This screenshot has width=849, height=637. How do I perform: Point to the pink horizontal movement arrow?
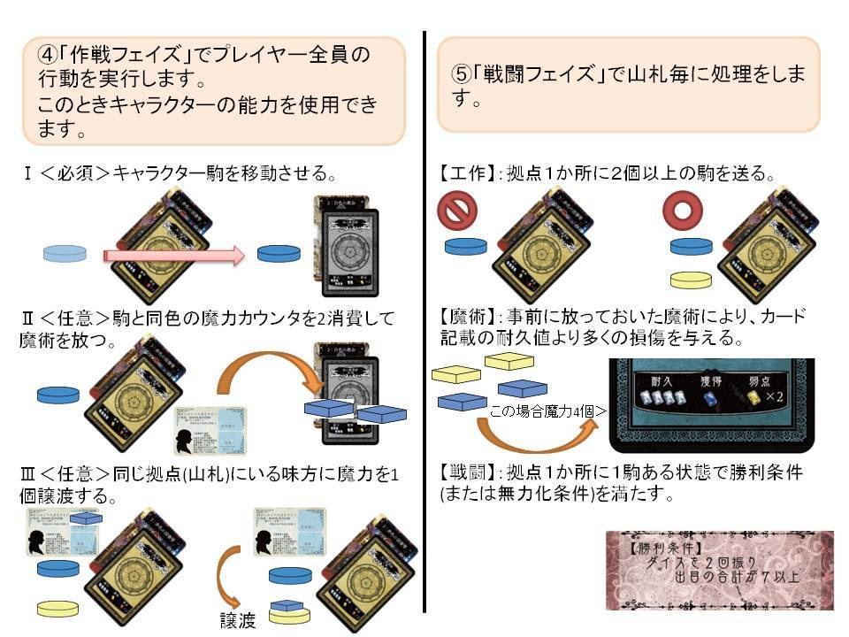pyautogui.click(x=172, y=256)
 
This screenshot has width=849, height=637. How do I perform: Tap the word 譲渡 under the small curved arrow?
pyautogui.click(x=238, y=620)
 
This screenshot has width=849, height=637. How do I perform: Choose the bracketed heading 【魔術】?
pyautogui.click(x=465, y=316)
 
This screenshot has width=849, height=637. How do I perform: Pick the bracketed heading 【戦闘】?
pyautogui.click(x=465, y=473)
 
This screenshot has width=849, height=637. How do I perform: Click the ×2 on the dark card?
pyautogui.click(x=779, y=399)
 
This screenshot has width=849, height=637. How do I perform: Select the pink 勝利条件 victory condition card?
pyautogui.click(x=719, y=571)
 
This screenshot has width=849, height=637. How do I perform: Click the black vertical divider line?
pyautogui.click(x=425, y=318)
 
